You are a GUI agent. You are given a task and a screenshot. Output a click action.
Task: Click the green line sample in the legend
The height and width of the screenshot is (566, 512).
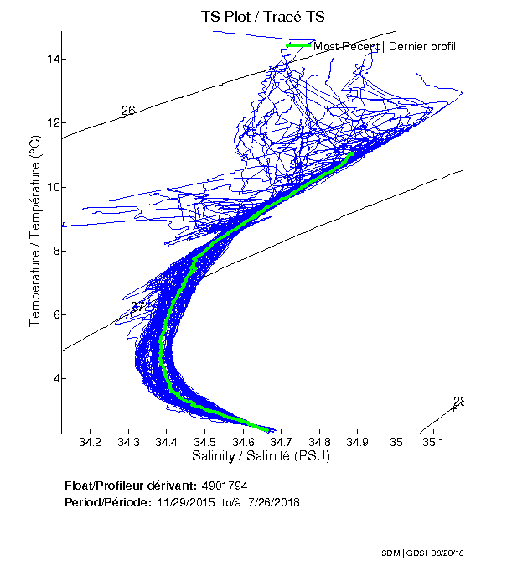tap(299, 45)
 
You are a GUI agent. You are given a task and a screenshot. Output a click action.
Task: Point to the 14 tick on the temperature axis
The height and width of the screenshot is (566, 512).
tap(51, 59)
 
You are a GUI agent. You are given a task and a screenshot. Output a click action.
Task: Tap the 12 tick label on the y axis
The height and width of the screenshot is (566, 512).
tap(51, 122)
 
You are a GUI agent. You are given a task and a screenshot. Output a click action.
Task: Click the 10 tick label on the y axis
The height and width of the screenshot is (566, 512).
tap(51, 186)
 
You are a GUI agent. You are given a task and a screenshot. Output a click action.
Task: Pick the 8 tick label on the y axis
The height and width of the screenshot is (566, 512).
tap(54, 251)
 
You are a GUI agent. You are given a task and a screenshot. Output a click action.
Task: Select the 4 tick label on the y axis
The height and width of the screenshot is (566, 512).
tap(54, 378)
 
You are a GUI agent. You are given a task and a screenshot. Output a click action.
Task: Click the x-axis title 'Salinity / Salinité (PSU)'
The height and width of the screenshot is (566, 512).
tap(261, 456)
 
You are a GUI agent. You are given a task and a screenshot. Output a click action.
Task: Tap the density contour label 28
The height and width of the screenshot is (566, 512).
tap(459, 402)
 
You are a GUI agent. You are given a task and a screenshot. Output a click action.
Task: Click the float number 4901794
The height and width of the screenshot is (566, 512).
tap(224, 486)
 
